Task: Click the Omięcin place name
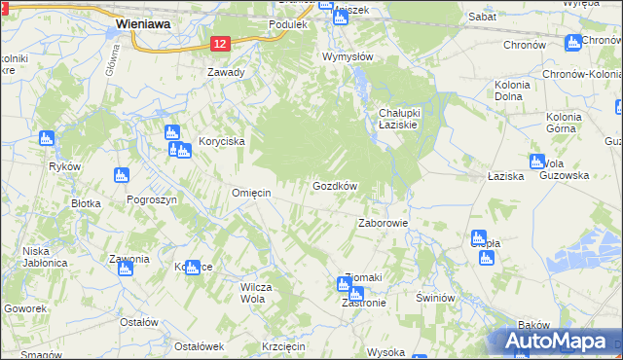pyautogui.click(x=250, y=193)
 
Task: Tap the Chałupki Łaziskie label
pyautogui.click(x=399, y=121)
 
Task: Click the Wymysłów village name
pyautogui.click(x=348, y=56)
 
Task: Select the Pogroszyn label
pyautogui.click(x=151, y=198)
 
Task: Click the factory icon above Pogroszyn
pyautogui.click(x=122, y=176)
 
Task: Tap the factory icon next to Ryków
pyautogui.click(x=47, y=140)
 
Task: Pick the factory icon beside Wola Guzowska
pyautogui.click(x=535, y=162)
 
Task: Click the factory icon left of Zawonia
pyautogui.click(x=125, y=268)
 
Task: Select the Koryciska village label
pyautogui.click(x=222, y=141)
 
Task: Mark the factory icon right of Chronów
pyautogui.click(x=573, y=42)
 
